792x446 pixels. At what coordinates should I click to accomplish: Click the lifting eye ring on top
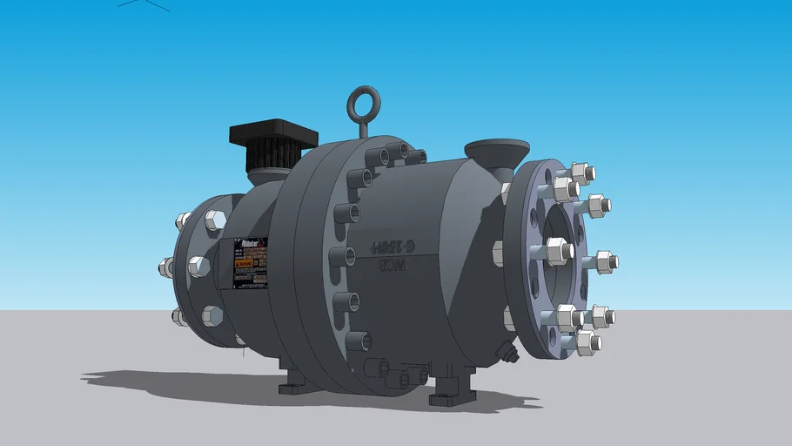(x=362, y=104)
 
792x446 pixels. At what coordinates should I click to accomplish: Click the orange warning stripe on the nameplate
(x=247, y=260)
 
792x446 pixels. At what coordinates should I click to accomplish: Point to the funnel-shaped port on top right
(x=496, y=151)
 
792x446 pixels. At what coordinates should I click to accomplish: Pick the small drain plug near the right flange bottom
(x=506, y=350)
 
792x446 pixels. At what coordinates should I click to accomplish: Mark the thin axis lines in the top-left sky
(x=144, y=3)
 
